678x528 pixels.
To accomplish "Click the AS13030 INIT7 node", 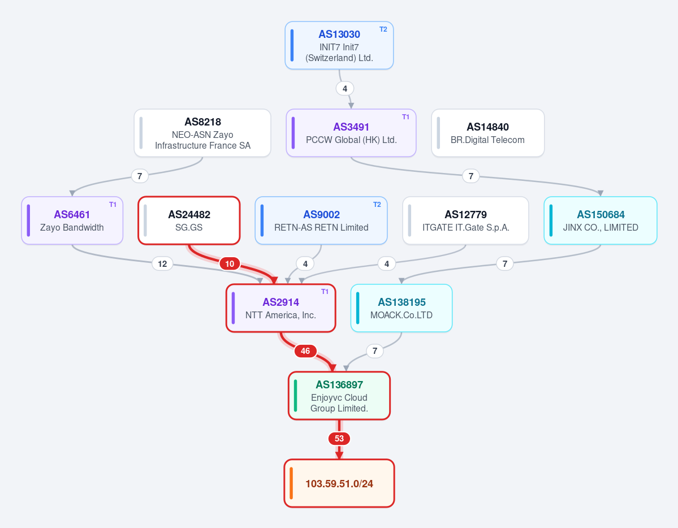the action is tap(339, 45).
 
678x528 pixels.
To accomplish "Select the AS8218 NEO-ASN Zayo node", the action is tap(202, 133).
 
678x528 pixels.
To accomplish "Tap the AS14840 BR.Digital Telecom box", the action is tap(488, 133).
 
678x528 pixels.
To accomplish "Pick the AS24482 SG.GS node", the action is tap(189, 220).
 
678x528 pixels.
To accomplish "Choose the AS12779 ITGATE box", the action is tap(466, 220).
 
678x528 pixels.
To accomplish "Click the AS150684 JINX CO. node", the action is tap(601, 220).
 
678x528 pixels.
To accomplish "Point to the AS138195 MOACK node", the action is tap(401, 308).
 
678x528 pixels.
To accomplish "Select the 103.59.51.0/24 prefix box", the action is tap(339, 483).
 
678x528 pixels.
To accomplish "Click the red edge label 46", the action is tap(305, 351).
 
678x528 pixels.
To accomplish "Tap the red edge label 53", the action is tap(339, 439).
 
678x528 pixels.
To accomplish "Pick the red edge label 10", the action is tap(230, 264).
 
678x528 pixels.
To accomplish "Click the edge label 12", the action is tap(162, 264).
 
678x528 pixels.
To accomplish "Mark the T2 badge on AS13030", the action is tap(383, 29).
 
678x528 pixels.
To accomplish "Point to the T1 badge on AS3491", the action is tap(405, 117).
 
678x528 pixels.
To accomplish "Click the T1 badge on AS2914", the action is tap(325, 292).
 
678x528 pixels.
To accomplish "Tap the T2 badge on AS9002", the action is tap(377, 205).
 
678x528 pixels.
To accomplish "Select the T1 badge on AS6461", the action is tap(113, 205).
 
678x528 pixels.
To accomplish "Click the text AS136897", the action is tap(339, 385).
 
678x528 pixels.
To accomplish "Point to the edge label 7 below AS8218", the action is tap(140, 176).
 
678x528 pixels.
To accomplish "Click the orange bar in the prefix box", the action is tap(291, 483).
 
